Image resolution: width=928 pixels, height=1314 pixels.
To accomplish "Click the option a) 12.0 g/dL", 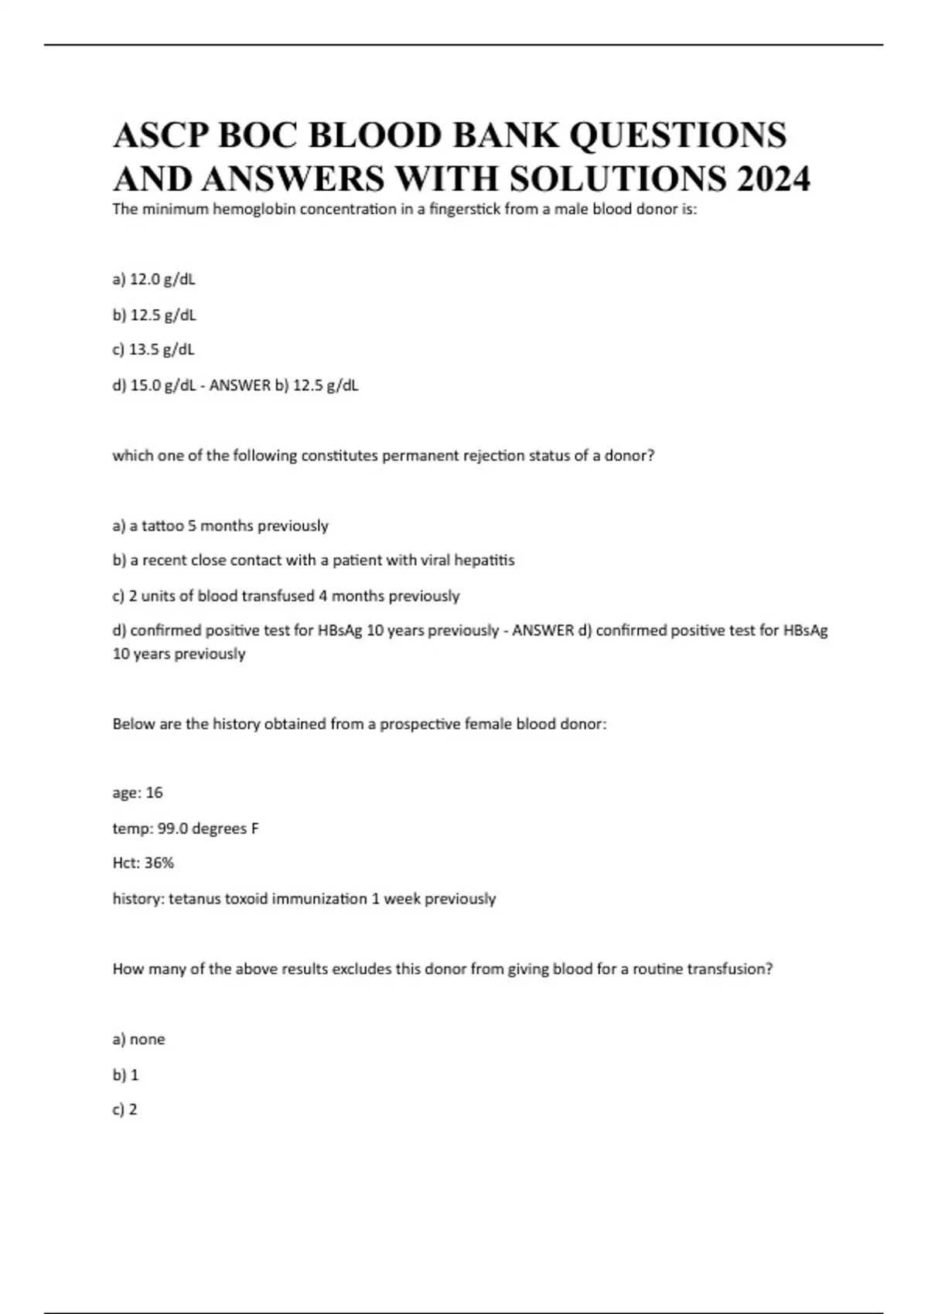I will (x=154, y=279).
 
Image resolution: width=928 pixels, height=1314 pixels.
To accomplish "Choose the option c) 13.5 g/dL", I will (x=154, y=349).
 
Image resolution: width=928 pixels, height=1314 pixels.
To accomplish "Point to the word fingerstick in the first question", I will (x=460, y=209).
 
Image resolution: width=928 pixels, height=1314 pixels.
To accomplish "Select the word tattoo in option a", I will (x=163, y=526).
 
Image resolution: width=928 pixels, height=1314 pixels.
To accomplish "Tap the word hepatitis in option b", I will (x=484, y=560).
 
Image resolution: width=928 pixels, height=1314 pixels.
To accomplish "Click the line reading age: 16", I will (x=138, y=793).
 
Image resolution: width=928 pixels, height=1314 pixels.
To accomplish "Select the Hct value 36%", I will (x=159, y=863).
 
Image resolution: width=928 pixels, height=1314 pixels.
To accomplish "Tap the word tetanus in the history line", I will (x=194, y=898).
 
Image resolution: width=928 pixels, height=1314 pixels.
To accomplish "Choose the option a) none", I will (x=139, y=1040).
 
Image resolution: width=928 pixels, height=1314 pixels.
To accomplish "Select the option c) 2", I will (x=125, y=1110).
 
